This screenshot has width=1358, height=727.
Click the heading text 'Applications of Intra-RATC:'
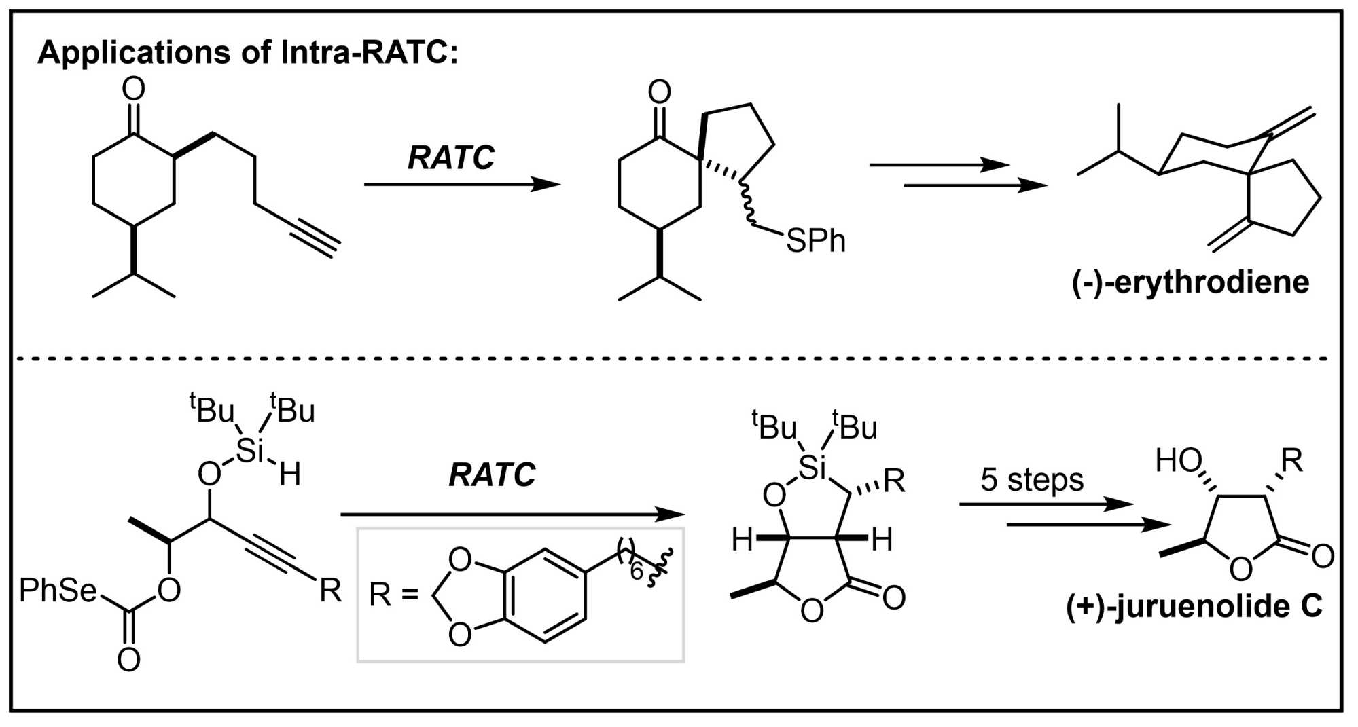pos(248,53)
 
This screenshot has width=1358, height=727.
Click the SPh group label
pos(815,241)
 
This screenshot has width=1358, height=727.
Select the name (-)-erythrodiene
pos(1190,282)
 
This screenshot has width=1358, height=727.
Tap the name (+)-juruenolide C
pos(1194,605)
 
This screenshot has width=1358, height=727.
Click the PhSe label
pos(58,591)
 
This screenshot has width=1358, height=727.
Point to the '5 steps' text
pos(1031,480)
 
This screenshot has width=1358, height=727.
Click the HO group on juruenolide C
pos(1179,462)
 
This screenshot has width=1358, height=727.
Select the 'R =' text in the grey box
pos(393,595)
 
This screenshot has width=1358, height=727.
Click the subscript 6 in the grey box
pos(636,572)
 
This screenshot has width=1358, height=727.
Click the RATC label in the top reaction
pos(451,157)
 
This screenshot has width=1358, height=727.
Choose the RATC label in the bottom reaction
pos(492,474)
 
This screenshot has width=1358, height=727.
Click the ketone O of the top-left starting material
pos(133,89)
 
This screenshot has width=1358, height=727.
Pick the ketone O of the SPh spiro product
pos(659,92)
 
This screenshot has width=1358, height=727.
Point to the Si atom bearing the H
pos(249,450)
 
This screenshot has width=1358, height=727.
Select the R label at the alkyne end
pos(330,591)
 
